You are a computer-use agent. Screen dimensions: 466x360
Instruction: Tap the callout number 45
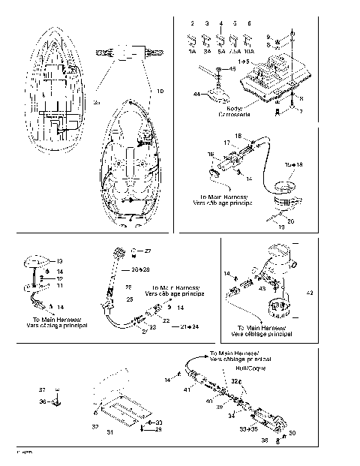coord(232,69)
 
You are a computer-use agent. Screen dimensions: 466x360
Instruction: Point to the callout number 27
coord(147,250)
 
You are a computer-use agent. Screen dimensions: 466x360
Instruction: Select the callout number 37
coord(43,390)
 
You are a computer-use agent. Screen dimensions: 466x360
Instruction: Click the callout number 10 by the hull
coord(159,91)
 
